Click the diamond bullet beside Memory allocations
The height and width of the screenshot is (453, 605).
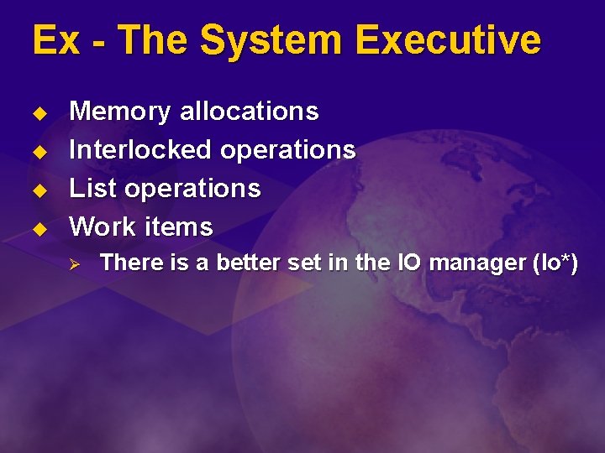coord(38,112)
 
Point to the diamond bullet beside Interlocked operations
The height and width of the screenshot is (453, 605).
coord(38,151)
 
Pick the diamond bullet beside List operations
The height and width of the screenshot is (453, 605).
coord(38,190)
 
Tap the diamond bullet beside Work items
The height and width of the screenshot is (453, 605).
coord(38,228)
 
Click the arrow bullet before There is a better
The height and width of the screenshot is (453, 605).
coord(73,264)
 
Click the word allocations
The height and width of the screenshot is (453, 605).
coord(250,111)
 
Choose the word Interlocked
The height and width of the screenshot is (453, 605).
coord(140,149)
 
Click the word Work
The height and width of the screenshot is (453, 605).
coord(103,226)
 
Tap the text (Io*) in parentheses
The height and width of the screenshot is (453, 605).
coord(555,263)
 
